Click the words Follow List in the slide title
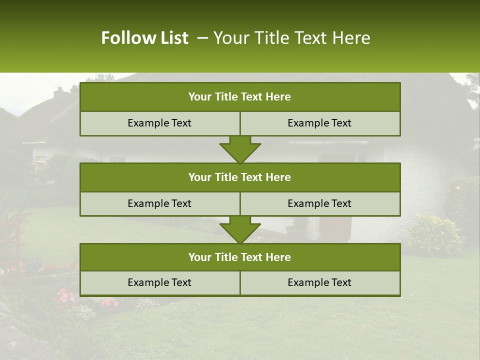pos(144,38)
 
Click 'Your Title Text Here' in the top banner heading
pos(291,38)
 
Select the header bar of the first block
pos(240,97)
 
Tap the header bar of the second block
pos(240,177)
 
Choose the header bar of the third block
pos(240,257)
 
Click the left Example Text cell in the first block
pos(159,123)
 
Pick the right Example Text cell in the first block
pos(319,123)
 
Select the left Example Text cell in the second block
pos(159,203)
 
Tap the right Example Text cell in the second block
pos(319,203)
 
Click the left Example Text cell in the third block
pos(159,283)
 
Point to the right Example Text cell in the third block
pos(319,283)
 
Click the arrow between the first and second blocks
pos(240,150)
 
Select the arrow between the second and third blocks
pos(240,230)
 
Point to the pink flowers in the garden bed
pos(65,296)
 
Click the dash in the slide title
pos(202,38)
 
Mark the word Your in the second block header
pos(199,177)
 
